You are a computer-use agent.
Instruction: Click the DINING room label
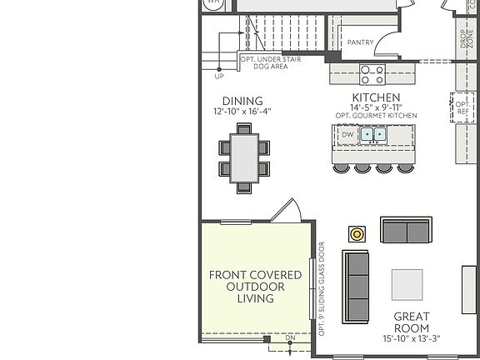pyautogui.click(x=242, y=101)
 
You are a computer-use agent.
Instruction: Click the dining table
pyautogui.click(x=244, y=157)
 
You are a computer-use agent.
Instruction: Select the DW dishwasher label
pyautogui.click(x=347, y=133)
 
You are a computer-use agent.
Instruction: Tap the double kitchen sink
pyautogui.click(x=372, y=133)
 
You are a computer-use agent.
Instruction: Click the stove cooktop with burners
pyautogui.click(x=372, y=74)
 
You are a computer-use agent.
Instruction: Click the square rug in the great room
pyautogui.click(x=407, y=285)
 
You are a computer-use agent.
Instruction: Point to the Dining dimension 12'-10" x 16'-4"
pyautogui.click(x=242, y=112)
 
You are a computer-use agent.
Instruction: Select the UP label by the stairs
pyautogui.click(x=219, y=76)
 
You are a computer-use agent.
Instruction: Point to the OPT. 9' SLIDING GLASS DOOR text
pyautogui.click(x=322, y=280)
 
